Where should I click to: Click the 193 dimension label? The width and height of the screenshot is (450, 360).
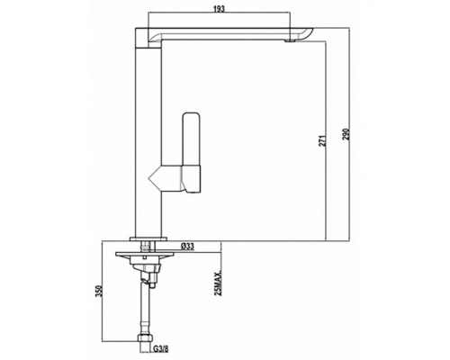220,9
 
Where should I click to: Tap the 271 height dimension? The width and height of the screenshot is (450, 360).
322,141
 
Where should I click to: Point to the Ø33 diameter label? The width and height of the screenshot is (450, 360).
187,247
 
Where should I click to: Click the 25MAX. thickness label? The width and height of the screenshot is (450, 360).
218,282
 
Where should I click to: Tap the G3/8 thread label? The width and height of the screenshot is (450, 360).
161,349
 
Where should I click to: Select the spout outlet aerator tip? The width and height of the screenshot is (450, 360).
290,40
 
